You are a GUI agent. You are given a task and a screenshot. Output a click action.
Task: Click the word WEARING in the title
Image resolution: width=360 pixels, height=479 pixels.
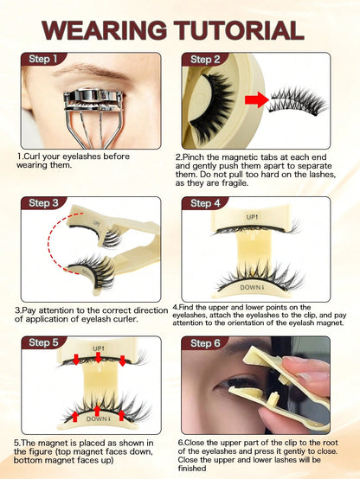tap(105, 30)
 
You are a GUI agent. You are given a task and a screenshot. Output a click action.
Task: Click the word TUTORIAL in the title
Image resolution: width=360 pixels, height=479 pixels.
tap(239, 30)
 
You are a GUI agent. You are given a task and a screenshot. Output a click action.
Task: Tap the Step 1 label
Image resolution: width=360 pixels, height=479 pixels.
tap(42, 59)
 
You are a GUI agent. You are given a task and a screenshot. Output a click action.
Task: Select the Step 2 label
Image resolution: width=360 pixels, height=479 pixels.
tap(205, 60)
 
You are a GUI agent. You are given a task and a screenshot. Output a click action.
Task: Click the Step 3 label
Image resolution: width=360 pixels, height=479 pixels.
tap(43, 203)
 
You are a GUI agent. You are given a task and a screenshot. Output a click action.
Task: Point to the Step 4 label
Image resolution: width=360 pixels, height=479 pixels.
tap(205, 203)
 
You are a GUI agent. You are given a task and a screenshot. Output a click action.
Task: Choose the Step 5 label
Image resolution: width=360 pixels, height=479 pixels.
tap(43, 342)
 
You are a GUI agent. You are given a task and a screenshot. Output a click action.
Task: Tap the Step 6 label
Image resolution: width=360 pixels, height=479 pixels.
tap(205, 343)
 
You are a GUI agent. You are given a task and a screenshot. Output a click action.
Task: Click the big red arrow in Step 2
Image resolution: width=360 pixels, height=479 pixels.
tap(257, 99)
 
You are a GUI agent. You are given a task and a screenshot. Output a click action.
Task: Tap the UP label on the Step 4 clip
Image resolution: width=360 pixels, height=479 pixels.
tap(253, 217)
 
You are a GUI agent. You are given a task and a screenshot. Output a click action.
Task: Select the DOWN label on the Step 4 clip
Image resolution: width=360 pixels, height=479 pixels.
tap(251, 287)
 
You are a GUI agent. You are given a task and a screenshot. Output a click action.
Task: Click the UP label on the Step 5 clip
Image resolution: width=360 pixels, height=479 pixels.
tap(99, 348)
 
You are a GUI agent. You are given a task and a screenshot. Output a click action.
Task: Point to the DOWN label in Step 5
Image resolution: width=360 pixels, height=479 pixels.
tap(97, 418)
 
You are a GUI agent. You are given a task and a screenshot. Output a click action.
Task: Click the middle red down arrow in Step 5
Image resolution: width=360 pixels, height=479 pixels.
tap(98, 357)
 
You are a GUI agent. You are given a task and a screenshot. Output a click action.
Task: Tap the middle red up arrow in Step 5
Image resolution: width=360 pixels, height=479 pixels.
tap(97, 411)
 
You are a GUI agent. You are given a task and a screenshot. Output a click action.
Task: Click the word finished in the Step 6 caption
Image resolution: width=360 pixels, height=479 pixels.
tap(192, 469)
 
